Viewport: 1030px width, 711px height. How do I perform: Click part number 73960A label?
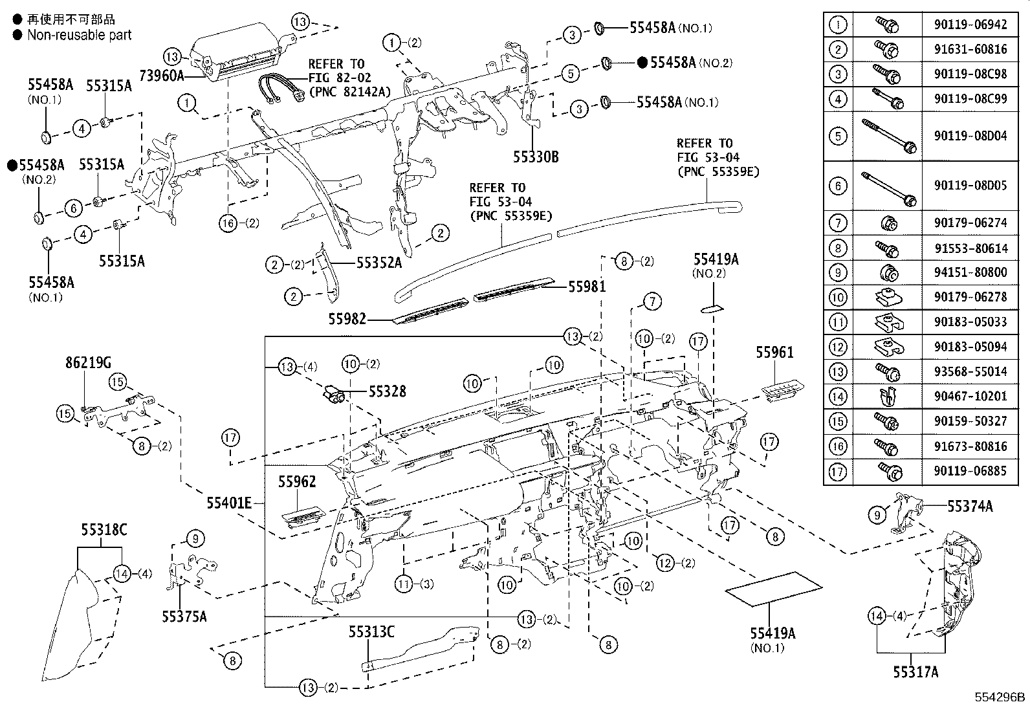159,76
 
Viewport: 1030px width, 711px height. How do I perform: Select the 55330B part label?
536,157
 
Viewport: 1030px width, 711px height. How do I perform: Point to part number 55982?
347,319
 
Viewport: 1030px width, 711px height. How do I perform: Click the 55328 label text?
388,391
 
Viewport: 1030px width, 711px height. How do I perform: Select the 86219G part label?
87,364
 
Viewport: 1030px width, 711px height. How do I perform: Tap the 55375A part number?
184,617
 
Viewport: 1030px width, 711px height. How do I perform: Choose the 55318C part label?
104,530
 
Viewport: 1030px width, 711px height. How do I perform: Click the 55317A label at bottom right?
915,672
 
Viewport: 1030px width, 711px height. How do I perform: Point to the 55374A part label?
970,507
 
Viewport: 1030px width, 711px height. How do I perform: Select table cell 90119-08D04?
970,136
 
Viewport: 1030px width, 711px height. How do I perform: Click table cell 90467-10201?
970,396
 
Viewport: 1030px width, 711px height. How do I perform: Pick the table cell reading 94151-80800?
970,272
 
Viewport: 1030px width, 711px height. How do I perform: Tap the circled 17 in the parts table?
838,471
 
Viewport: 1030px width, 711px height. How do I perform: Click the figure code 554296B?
1000,697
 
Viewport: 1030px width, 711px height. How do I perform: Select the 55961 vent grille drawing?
782,391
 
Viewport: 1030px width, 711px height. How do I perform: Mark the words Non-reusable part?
79,35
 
